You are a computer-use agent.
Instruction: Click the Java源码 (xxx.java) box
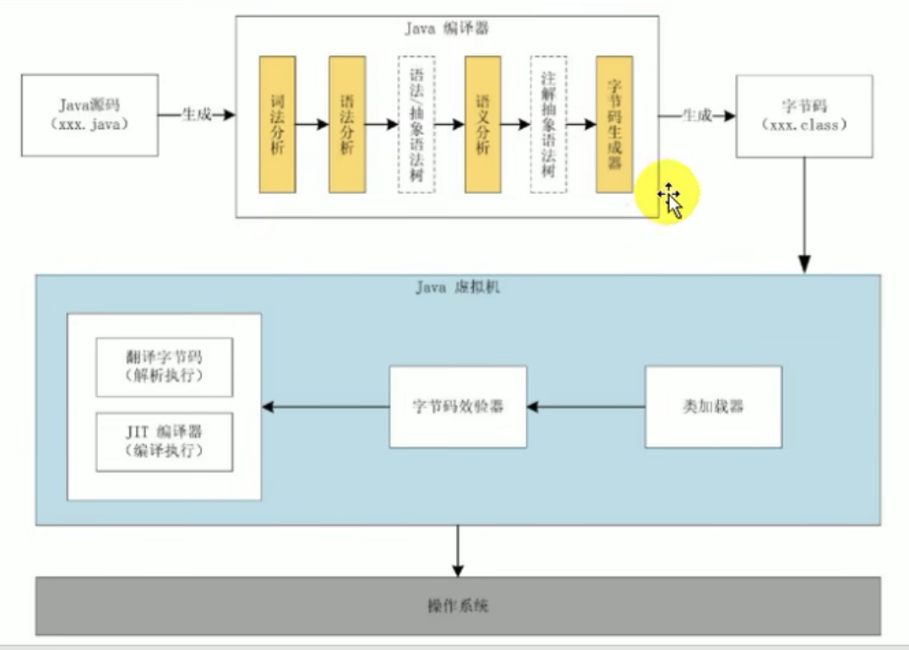click(x=90, y=115)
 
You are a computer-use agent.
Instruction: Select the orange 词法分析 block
click(x=277, y=124)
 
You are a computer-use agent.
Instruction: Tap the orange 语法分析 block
click(x=346, y=124)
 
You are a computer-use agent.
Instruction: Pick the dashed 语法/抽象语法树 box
click(x=416, y=124)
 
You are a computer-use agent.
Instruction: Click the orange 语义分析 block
click(x=482, y=124)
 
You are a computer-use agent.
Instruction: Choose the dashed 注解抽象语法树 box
click(x=548, y=124)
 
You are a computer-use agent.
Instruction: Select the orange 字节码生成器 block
click(x=614, y=124)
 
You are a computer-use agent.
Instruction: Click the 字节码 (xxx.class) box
click(x=803, y=116)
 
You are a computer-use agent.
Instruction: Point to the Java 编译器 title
click(x=446, y=29)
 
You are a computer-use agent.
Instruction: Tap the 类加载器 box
click(x=713, y=406)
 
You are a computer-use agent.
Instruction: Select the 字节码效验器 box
click(x=458, y=406)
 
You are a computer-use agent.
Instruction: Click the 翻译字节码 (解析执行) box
click(x=164, y=367)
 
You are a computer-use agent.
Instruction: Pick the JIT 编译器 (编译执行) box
click(x=164, y=441)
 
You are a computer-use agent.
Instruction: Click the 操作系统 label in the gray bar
click(x=458, y=606)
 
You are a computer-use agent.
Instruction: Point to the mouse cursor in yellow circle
click(x=671, y=199)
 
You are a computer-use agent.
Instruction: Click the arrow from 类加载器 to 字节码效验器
click(x=585, y=407)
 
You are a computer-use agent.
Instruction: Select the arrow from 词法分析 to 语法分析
click(x=312, y=124)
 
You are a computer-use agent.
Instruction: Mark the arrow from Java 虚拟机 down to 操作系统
click(x=457, y=550)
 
